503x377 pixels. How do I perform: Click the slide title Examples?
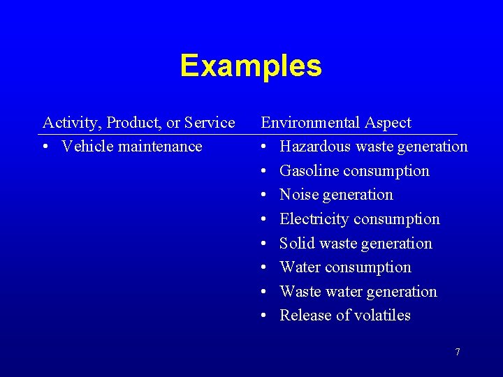[251, 66]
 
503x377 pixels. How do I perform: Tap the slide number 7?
[458, 352]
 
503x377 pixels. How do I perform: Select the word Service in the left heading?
[210, 123]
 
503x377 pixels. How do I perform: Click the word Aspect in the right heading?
[388, 124]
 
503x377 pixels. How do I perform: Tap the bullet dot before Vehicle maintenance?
[45, 147]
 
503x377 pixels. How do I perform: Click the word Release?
[305, 316]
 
